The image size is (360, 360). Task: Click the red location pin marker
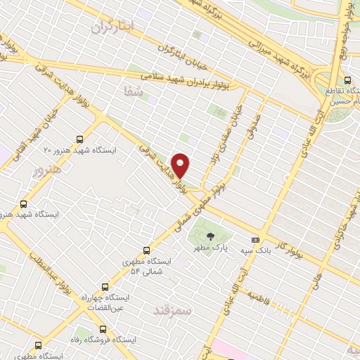click(x=181, y=165)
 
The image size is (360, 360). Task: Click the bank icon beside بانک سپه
click(x=264, y=239)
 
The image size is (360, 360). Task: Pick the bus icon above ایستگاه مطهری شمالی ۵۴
click(x=146, y=250)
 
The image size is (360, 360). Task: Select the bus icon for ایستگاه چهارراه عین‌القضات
click(x=105, y=287)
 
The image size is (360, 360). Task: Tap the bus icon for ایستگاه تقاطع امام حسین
click(x=348, y=79)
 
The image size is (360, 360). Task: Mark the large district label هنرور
click(x=47, y=169)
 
